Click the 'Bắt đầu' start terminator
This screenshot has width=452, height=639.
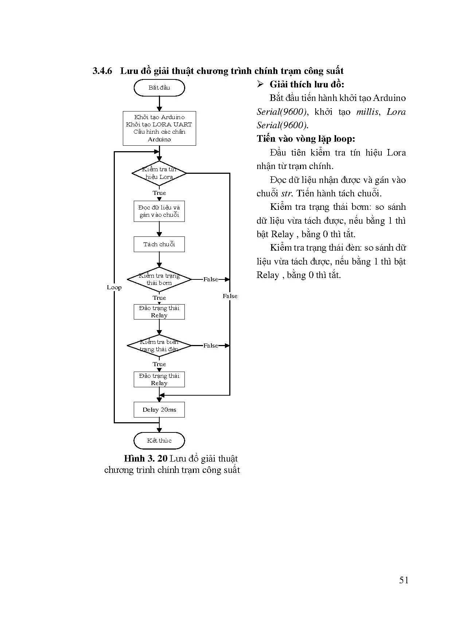point(159,88)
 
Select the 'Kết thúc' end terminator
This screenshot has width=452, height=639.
point(159,441)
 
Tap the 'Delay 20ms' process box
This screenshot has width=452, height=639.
point(159,410)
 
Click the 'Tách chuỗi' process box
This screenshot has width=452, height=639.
point(159,244)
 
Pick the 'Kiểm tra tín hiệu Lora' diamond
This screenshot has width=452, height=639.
point(159,173)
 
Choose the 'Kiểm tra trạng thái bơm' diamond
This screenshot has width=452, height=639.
point(159,279)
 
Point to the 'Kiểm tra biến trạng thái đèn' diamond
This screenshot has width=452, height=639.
point(159,346)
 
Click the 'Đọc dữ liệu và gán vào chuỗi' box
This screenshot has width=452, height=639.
point(159,211)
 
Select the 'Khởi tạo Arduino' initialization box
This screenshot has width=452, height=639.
point(159,128)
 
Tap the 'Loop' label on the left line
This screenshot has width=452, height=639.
point(114,287)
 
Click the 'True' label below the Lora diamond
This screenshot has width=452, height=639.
point(159,193)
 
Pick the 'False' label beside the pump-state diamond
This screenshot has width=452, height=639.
point(211,279)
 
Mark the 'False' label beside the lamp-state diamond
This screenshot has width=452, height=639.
point(211,346)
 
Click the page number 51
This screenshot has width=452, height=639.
point(404,580)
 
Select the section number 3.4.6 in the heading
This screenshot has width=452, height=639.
point(102,71)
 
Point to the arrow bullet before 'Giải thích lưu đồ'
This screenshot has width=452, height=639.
point(260,85)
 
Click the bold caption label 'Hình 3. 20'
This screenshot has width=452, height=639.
point(145,459)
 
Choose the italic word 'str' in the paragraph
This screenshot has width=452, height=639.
point(287,193)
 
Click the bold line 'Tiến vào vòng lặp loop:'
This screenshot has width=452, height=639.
point(306,139)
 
